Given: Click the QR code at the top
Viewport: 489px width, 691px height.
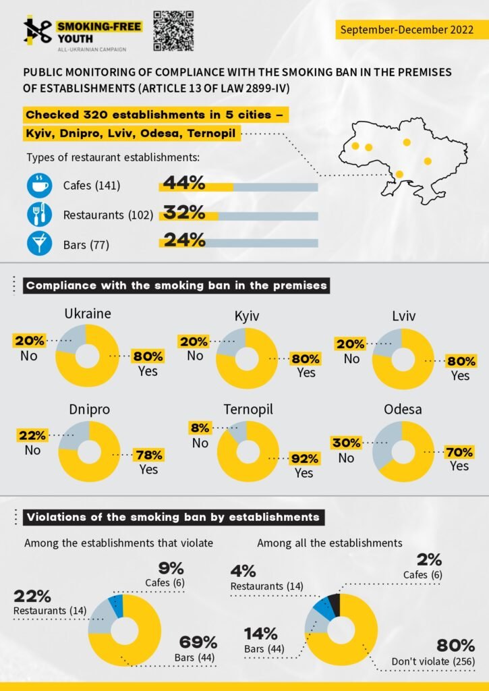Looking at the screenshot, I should click(x=174, y=30).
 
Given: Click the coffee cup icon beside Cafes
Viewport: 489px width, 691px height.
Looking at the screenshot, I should click(x=40, y=185).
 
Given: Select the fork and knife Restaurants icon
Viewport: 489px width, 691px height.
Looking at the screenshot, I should click(x=40, y=215).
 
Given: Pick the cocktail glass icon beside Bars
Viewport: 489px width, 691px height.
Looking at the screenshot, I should click(x=40, y=244).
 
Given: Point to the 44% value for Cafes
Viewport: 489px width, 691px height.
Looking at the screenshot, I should click(x=183, y=182).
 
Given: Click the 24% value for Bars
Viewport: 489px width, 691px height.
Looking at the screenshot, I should click(x=183, y=240).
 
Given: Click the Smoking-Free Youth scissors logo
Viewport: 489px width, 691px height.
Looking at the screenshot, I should click(x=38, y=30).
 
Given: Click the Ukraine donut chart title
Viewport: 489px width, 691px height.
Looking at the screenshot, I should click(x=88, y=314).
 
